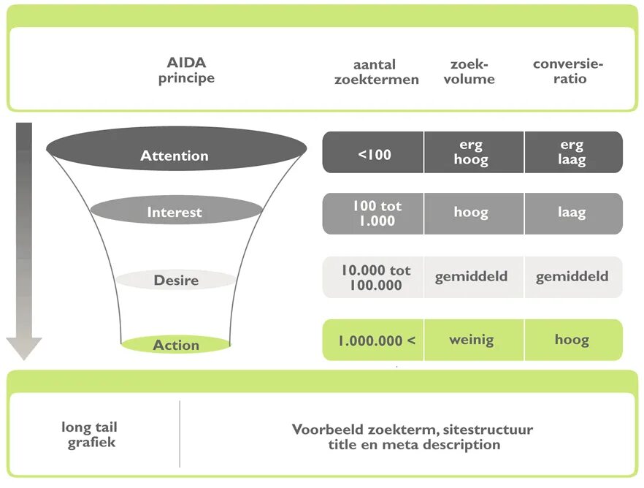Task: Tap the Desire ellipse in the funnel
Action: click(x=176, y=280)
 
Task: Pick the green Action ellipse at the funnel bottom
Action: click(x=176, y=345)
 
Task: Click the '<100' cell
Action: click(x=374, y=153)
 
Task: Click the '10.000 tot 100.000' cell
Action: click(x=374, y=278)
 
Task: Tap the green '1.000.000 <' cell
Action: click(x=374, y=340)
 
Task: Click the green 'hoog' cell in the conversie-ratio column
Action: click(x=573, y=340)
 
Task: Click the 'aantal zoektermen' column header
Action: click(x=377, y=72)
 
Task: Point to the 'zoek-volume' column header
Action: click(x=469, y=72)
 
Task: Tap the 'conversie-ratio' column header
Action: click(x=569, y=72)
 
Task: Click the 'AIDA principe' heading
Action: click(x=186, y=71)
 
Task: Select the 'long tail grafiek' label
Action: click(x=90, y=435)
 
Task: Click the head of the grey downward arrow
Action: click(x=24, y=347)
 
